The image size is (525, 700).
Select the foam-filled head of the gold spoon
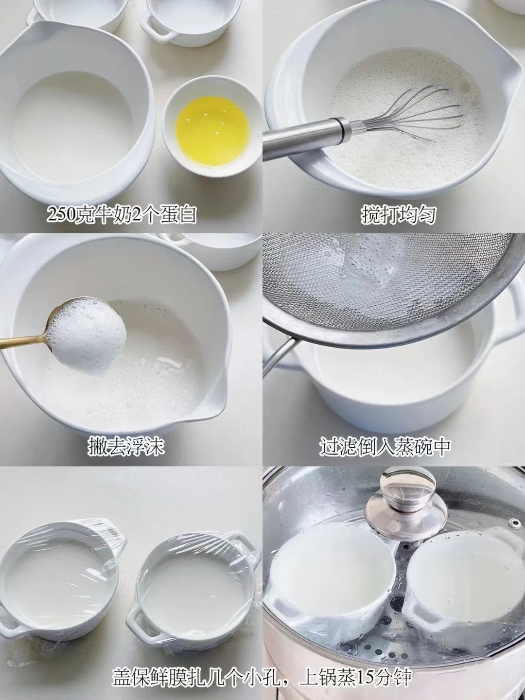[x=87, y=335]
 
